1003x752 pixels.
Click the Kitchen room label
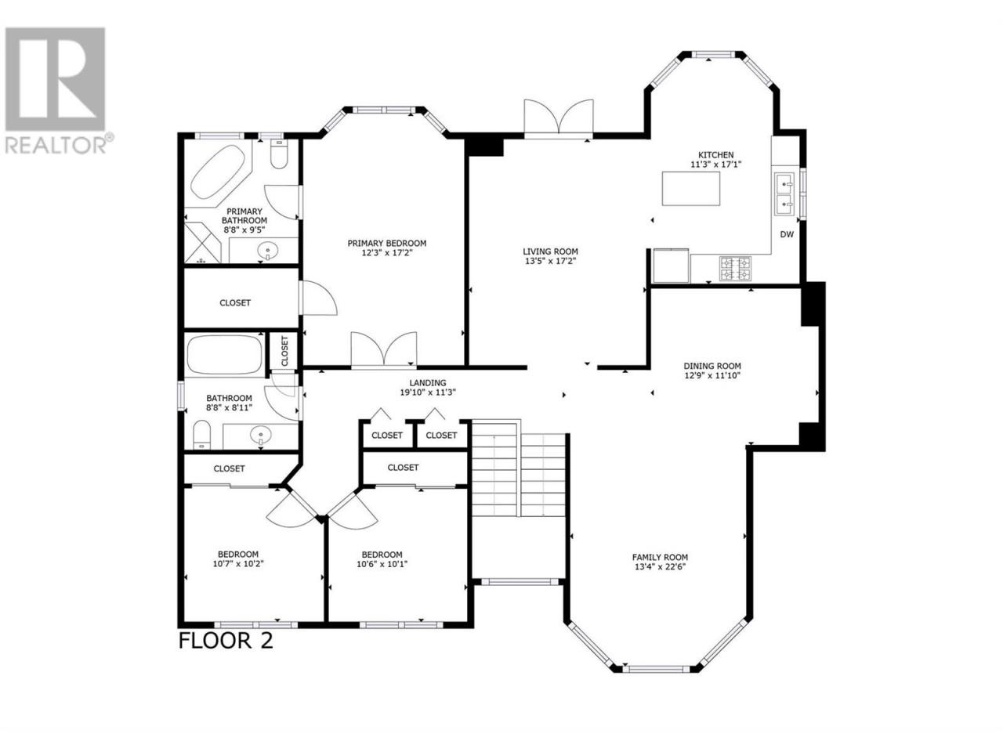[x=715, y=155]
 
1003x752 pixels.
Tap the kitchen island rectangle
[x=691, y=189]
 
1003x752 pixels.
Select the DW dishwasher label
[x=787, y=235]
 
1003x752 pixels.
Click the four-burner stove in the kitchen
[x=736, y=269]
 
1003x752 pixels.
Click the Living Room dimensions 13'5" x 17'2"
[x=550, y=262]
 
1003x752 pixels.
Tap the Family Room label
[x=660, y=557]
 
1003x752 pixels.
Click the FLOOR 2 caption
[x=226, y=640]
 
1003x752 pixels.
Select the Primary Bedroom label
[x=386, y=244]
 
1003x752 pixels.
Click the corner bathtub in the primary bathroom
[x=218, y=172]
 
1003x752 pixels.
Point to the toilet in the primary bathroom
[x=278, y=154]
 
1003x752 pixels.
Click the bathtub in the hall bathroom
[x=225, y=356]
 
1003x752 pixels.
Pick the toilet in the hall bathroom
[x=201, y=435]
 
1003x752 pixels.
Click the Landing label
[x=428, y=382]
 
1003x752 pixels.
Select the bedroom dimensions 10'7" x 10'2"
[x=238, y=564]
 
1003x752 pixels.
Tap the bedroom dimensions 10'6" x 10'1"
[x=382, y=564]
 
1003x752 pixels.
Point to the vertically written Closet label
[x=284, y=351]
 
